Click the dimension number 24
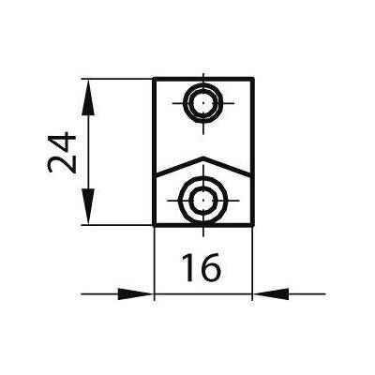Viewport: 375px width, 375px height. point(62,153)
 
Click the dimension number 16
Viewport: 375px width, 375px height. point(202,267)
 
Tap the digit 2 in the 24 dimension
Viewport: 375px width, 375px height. point(62,164)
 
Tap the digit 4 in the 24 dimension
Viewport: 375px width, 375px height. point(62,142)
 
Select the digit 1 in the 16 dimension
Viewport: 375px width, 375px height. point(188,267)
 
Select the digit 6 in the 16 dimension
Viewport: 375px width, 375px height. point(209,267)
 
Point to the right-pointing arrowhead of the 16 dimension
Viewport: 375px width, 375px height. point(135,294)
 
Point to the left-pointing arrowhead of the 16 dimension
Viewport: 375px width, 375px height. point(271,294)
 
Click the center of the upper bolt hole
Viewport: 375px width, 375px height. point(203,103)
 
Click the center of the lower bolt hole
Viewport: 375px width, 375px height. point(203,200)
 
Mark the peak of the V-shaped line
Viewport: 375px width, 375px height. point(203,157)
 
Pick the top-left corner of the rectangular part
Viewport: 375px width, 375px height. point(155,78)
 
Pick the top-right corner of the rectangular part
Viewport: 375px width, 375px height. point(252,78)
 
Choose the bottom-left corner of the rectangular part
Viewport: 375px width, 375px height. point(155,224)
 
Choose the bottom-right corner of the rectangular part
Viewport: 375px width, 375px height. point(252,224)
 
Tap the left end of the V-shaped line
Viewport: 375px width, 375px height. point(156,173)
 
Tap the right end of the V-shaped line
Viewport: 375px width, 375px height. point(251,173)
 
